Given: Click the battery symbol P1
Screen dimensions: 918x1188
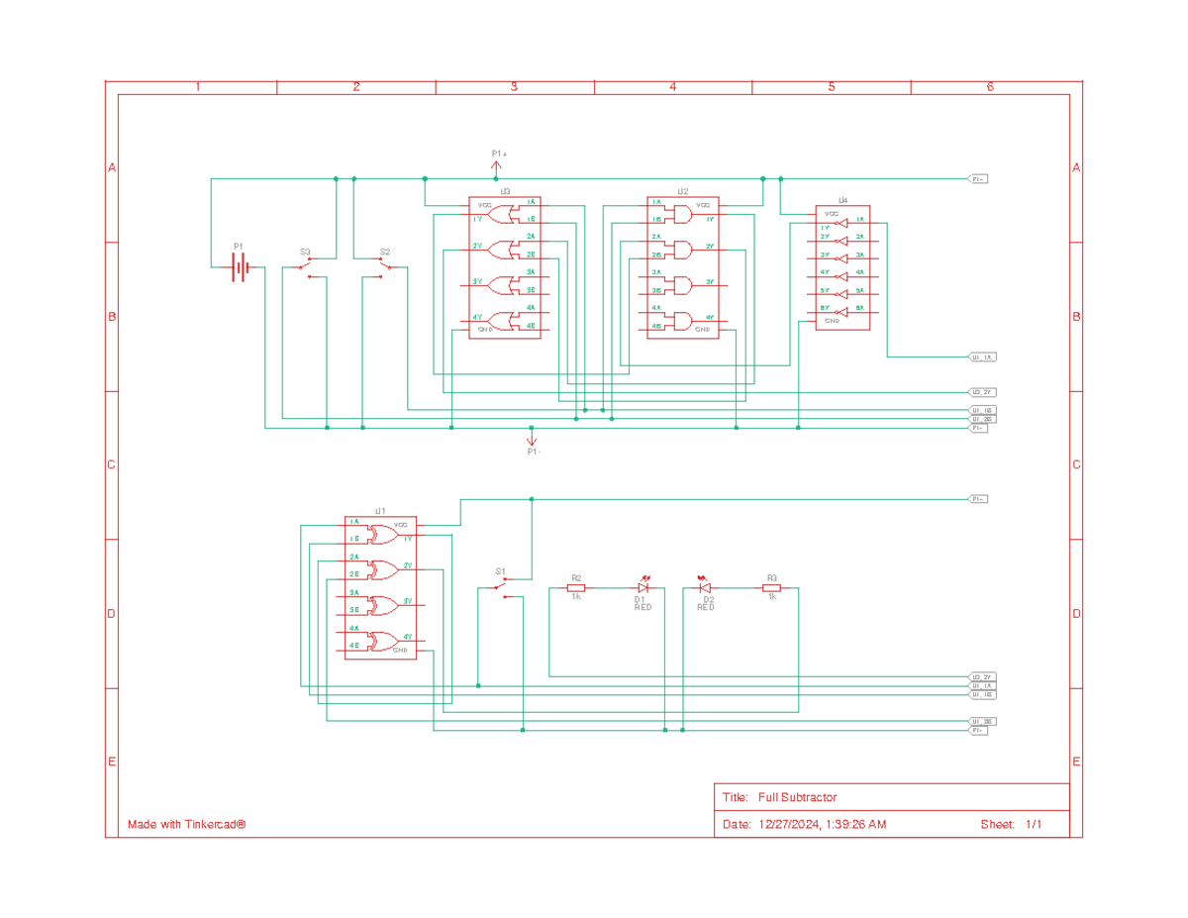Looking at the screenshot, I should point(239,266).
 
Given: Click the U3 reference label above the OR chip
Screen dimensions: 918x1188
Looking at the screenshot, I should point(504,191).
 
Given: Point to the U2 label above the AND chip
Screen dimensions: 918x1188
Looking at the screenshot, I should point(683,191).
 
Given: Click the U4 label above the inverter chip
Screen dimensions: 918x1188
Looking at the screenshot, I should point(842,201).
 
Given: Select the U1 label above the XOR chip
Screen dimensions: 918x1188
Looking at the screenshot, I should point(380,511).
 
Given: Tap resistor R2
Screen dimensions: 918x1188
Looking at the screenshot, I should point(576,588).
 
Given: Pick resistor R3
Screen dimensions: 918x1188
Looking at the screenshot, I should point(772,588).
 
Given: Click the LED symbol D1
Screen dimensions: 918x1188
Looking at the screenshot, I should point(643,587).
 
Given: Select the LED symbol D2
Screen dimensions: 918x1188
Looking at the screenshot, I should point(706,587).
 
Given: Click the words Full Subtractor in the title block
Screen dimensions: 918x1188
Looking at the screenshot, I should point(798,797).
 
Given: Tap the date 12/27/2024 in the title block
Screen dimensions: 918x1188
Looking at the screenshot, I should point(788,824).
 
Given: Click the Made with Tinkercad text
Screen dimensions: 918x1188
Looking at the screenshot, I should point(186,824).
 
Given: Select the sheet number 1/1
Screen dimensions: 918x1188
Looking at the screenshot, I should point(1033,824).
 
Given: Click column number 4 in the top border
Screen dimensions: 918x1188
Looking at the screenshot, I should point(673,87).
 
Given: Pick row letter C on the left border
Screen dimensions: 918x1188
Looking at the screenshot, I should point(112,464).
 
